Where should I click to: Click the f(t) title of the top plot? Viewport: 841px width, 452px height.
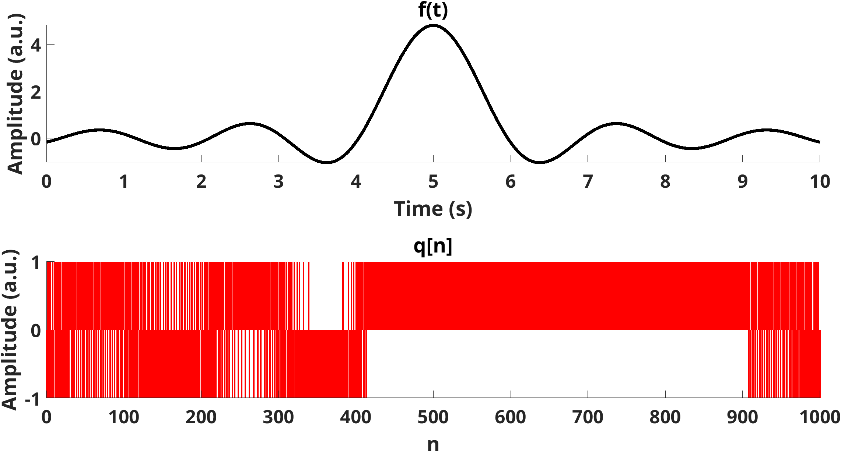433,10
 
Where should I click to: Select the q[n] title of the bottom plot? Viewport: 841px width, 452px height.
433,246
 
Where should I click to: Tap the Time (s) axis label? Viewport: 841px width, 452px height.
433,209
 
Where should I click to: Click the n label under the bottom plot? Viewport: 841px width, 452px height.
433,444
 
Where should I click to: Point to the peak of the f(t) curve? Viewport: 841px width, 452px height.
433,25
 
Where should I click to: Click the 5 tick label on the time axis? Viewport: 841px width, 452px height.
433,182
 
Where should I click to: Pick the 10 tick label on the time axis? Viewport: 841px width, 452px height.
820,182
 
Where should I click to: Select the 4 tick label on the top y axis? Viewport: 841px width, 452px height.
36,45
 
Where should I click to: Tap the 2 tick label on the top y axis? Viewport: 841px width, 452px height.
36,92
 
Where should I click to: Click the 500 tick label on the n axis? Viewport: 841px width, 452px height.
433,417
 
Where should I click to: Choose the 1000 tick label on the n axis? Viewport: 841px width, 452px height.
820,417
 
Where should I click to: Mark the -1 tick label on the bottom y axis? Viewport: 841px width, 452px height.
32,399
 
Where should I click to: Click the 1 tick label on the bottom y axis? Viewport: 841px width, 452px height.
36,263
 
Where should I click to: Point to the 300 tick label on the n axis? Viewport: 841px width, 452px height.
278,417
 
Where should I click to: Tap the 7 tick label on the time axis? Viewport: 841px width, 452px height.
588,182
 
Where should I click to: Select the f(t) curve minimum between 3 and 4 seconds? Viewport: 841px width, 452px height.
327,162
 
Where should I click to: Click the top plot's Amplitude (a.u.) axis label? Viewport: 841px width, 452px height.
15,94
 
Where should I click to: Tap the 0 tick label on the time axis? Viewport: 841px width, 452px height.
46,182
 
